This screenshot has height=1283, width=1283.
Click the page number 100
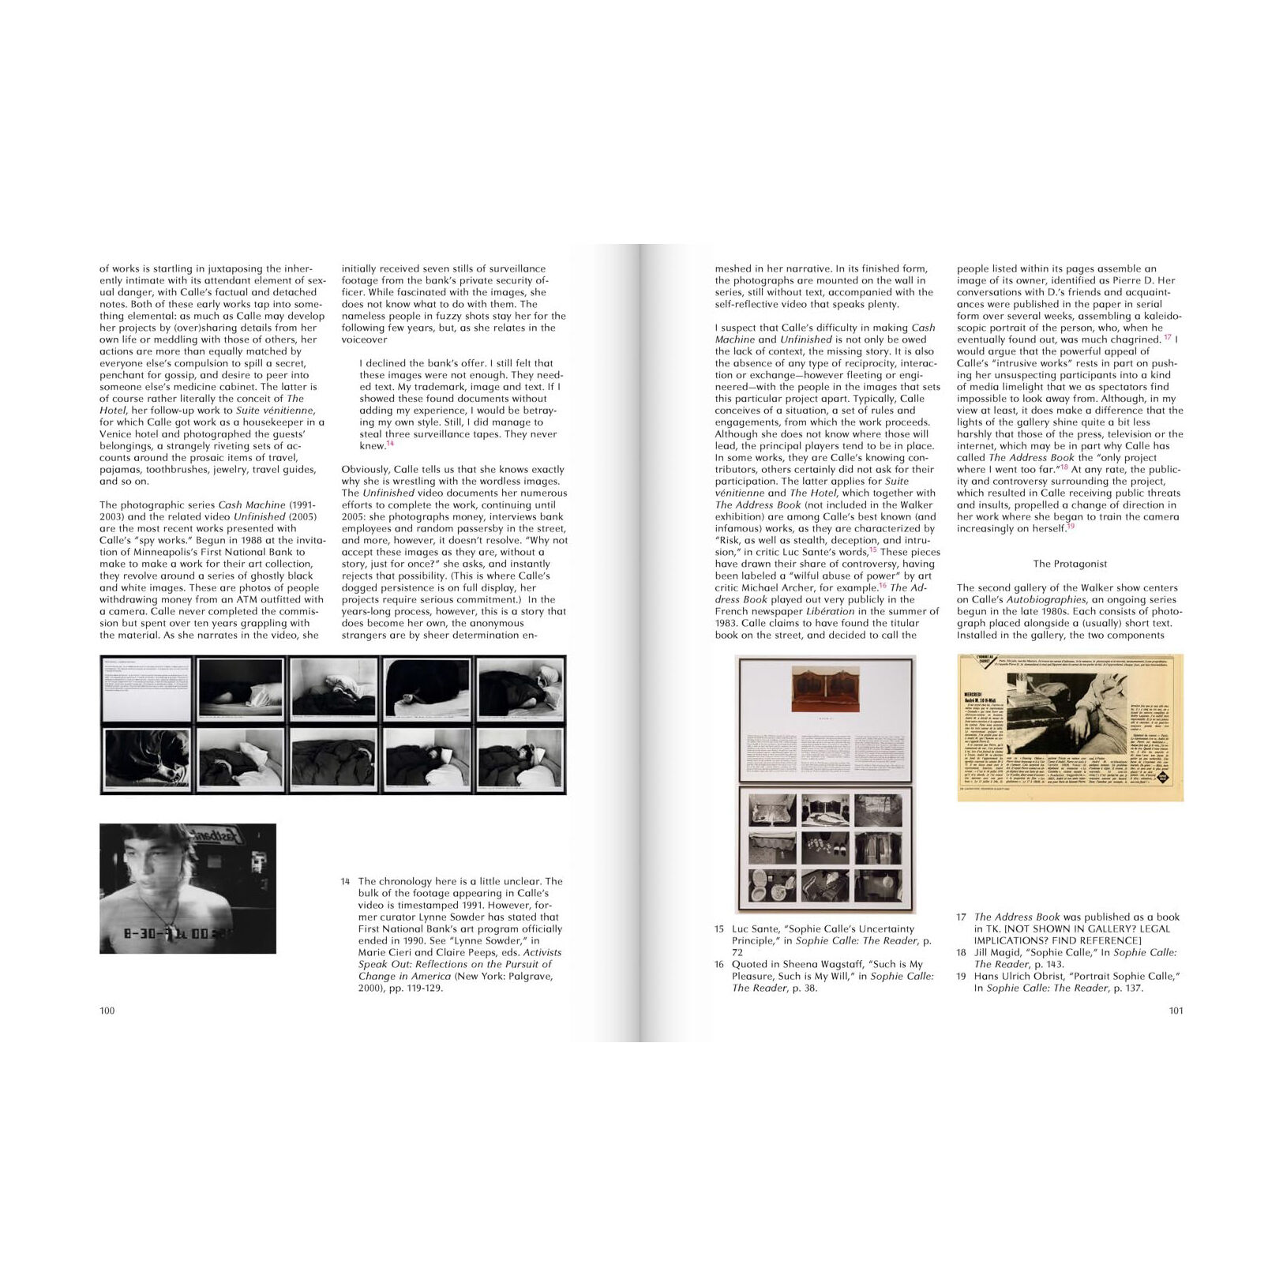pyautogui.click(x=107, y=1011)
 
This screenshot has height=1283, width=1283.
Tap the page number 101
pyautogui.click(x=1176, y=1011)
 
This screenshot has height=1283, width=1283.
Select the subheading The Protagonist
pyautogui.click(x=1070, y=564)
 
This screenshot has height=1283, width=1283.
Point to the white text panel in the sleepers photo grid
pyautogui.click(x=148, y=689)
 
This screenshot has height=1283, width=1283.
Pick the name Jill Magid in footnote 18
pyautogui.click(x=998, y=952)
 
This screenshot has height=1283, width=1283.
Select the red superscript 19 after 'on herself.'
pyautogui.click(x=1071, y=527)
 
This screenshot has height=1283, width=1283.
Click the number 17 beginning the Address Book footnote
pyautogui.click(x=961, y=917)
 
